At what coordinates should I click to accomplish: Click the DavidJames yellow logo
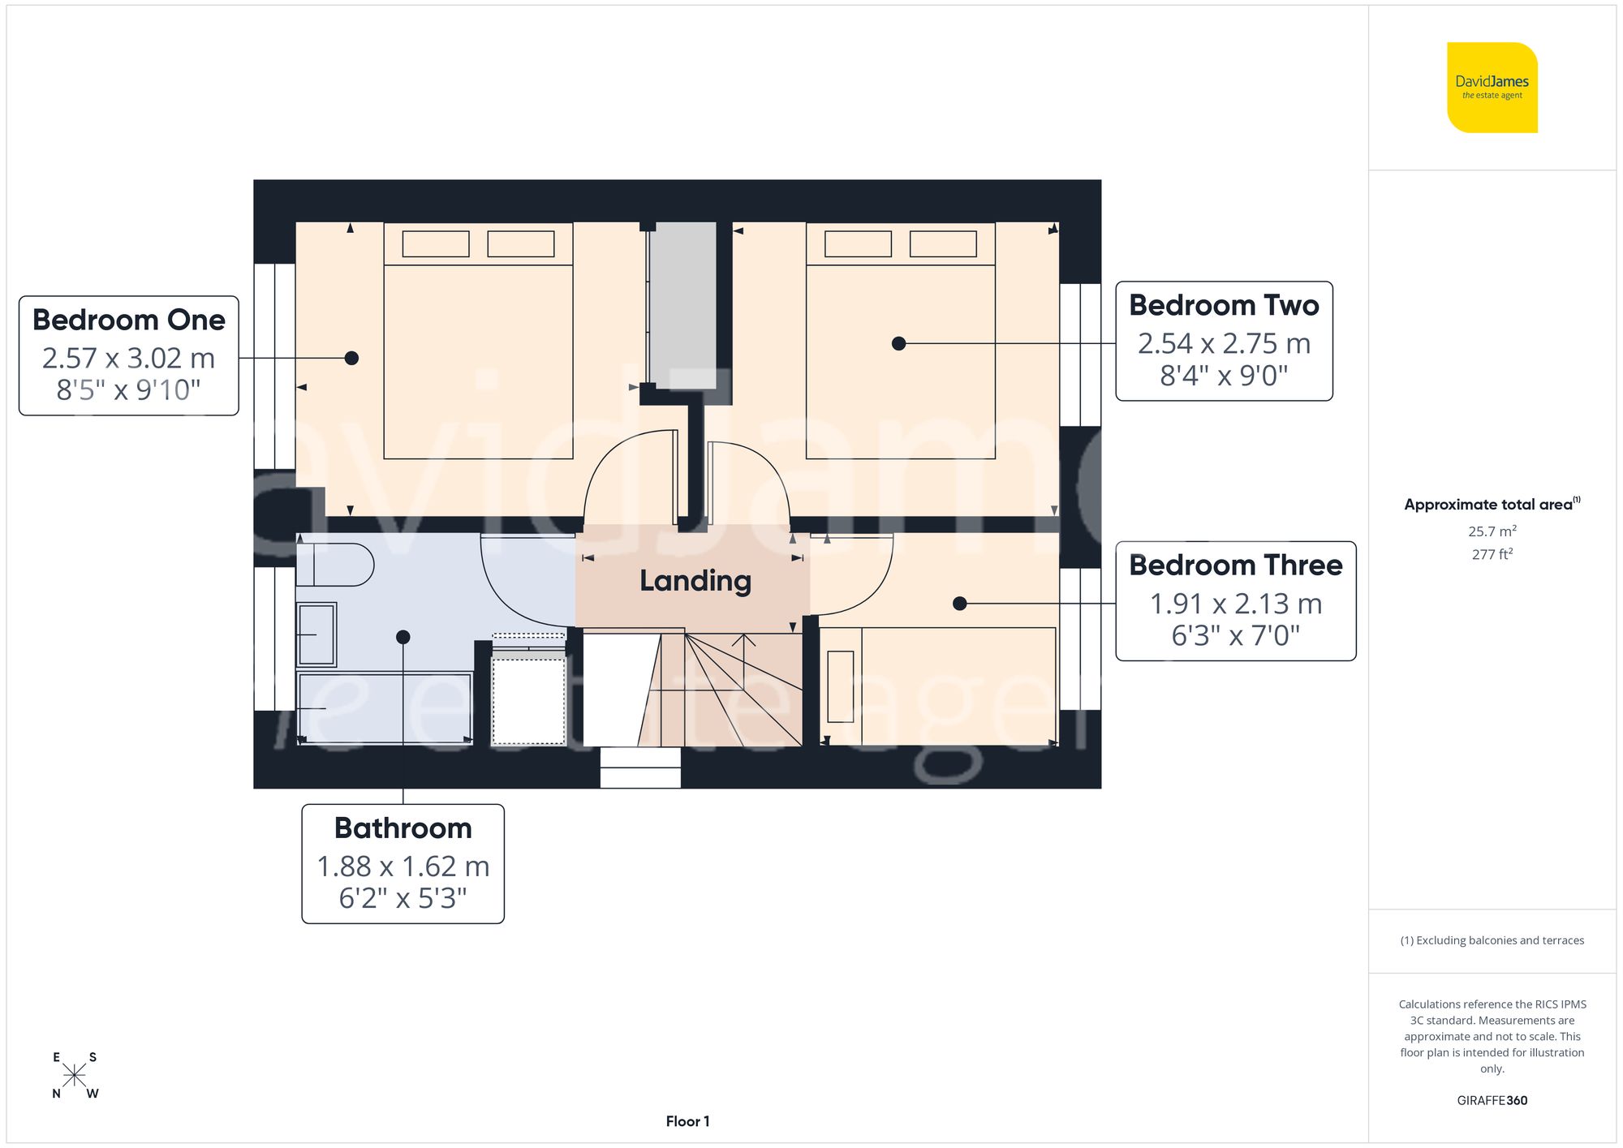(1492, 88)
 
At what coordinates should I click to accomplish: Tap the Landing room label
(695, 581)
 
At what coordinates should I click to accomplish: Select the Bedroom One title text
(129, 320)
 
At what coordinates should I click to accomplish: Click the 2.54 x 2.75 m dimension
(1224, 344)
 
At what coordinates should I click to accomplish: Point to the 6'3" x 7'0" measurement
(1235, 635)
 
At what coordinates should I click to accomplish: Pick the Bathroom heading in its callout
(403, 828)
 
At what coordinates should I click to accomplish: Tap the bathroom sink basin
(316, 634)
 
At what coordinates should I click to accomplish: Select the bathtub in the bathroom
(384, 707)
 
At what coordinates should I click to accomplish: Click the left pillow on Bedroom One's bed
(436, 244)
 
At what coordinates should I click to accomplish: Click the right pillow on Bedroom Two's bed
(943, 244)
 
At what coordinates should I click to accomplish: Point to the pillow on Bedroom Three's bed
(841, 686)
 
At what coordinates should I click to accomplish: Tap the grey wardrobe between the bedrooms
(683, 304)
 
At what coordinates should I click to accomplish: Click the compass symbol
(75, 1076)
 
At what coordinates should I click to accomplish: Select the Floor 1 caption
(687, 1121)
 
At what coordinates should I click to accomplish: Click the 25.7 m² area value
(1492, 531)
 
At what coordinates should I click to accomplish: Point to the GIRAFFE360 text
(1492, 1101)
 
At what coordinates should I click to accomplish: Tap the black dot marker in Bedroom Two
(898, 344)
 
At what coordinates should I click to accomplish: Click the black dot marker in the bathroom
(403, 638)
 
